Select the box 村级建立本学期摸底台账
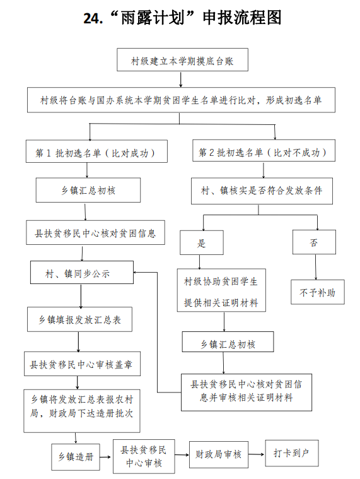182,59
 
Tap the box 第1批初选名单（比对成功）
96,151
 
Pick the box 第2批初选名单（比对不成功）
264,150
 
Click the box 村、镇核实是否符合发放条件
262,191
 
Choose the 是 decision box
202,242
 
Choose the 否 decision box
314,242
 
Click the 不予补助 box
318,292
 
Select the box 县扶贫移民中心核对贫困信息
95,232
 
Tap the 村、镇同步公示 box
82,273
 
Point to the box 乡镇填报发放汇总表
79,319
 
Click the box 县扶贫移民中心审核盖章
83,364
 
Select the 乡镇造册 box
76,457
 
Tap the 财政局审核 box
219,454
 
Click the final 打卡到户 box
292,453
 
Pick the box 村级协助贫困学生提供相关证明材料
221,290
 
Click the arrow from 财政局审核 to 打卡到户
257,454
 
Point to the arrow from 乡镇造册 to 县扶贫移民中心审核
106,457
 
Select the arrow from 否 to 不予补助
316,267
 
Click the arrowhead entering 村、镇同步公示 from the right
136,272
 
